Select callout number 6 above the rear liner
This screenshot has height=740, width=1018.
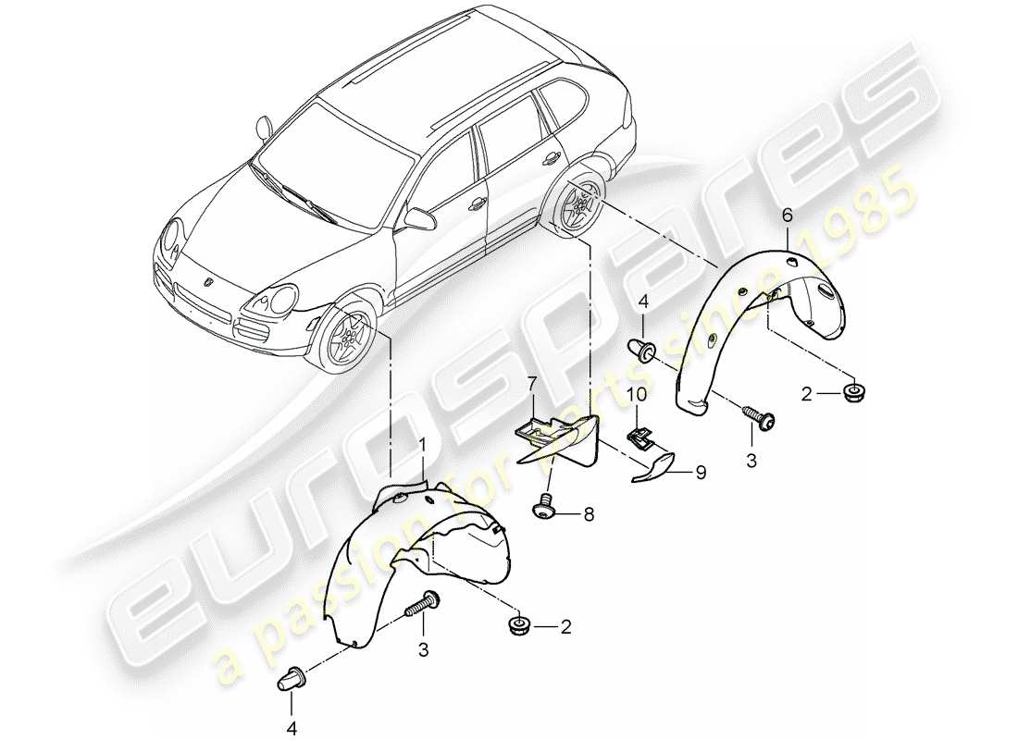tap(788, 215)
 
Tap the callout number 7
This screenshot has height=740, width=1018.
tap(532, 382)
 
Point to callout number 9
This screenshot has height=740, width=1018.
tap(701, 473)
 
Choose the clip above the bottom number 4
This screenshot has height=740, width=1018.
tap(290, 682)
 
